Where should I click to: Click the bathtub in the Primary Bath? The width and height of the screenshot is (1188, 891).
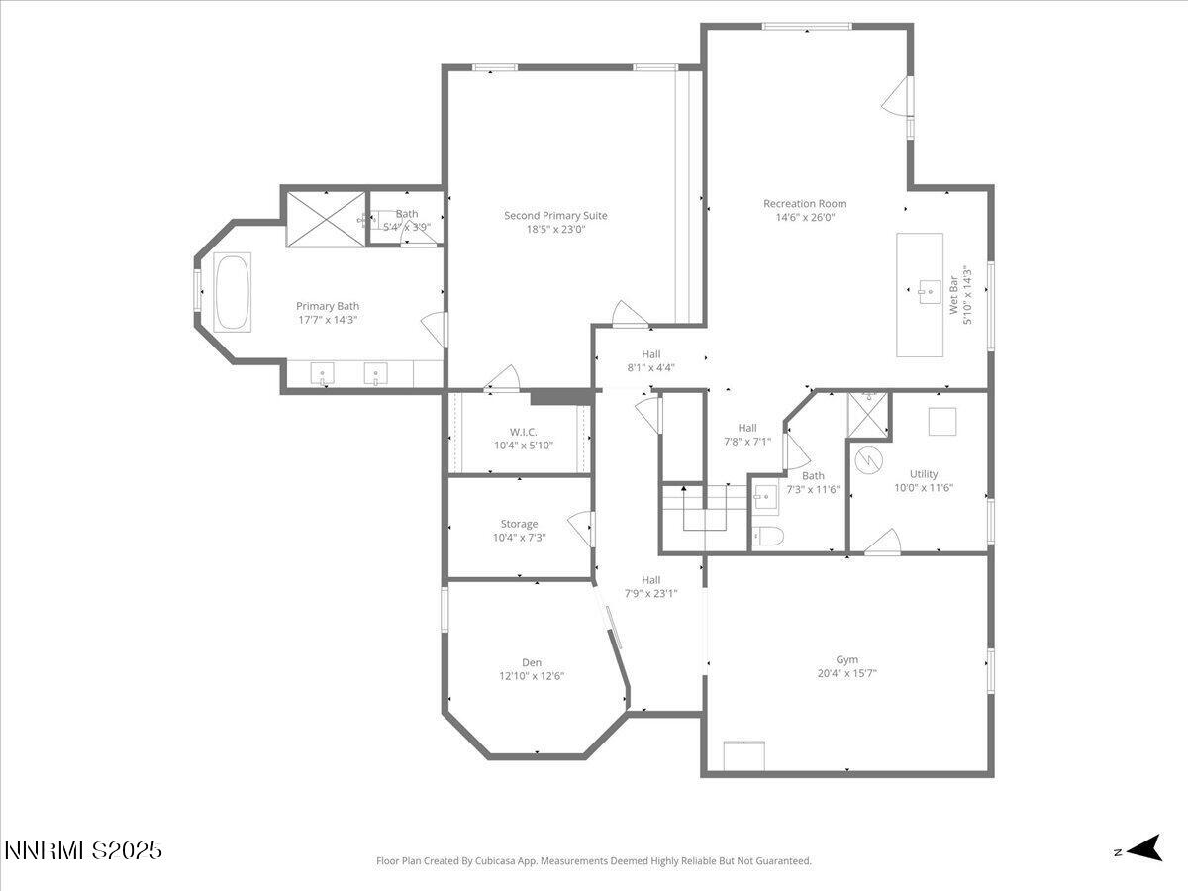(233, 291)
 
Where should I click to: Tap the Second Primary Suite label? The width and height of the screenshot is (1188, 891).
(555, 216)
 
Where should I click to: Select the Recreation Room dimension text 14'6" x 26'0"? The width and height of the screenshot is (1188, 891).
(805, 217)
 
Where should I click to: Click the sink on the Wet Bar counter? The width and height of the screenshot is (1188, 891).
(928, 291)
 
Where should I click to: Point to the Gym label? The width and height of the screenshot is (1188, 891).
(846, 659)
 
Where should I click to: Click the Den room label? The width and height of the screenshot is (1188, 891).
(532, 663)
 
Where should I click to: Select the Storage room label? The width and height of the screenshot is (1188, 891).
(519, 524)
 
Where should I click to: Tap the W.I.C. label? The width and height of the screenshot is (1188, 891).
(524, 432)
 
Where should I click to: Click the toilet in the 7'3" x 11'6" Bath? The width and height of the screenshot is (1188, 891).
(767, 537)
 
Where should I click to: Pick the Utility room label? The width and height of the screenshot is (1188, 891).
(923, 474)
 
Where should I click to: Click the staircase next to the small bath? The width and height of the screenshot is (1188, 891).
(704, 511)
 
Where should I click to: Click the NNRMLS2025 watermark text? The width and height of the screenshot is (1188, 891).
(83, 850)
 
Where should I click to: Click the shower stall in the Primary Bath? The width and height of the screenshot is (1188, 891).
(326, 218)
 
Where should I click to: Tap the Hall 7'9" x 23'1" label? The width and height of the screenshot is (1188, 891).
(650, 580)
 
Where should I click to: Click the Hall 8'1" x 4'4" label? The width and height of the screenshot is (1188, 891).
(650, 354)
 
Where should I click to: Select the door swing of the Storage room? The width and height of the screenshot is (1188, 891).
(582, 528)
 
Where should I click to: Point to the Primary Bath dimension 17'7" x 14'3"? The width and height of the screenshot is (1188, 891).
(328, 320)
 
